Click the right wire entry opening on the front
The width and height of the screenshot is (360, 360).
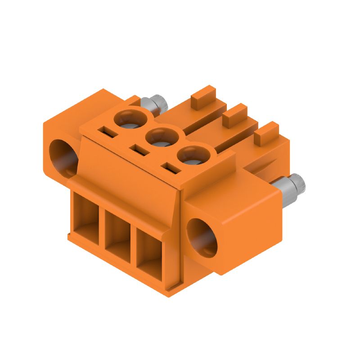148,250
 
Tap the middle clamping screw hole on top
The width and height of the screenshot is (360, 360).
161,136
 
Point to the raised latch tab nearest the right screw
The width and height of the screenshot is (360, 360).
267,132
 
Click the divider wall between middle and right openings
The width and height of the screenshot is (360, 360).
133,242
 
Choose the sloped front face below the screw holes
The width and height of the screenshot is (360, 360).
130,175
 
